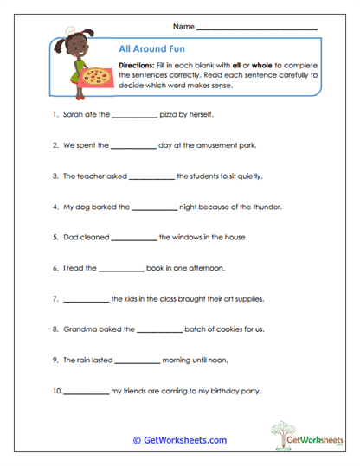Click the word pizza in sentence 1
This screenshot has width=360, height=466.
pyautogui.click(x=170, y=114)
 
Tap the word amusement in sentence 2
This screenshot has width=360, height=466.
pyautogui.click(x=219, y=145)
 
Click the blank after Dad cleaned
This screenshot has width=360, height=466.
pyautogui.click(x=134, y=239)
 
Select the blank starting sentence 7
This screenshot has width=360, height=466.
pyautogui.click(x=86, y=300)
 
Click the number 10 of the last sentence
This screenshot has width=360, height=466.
pyautogui.click(x=56, y=392)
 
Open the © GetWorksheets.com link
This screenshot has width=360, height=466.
pyautogui.click(x=180, y=440)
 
